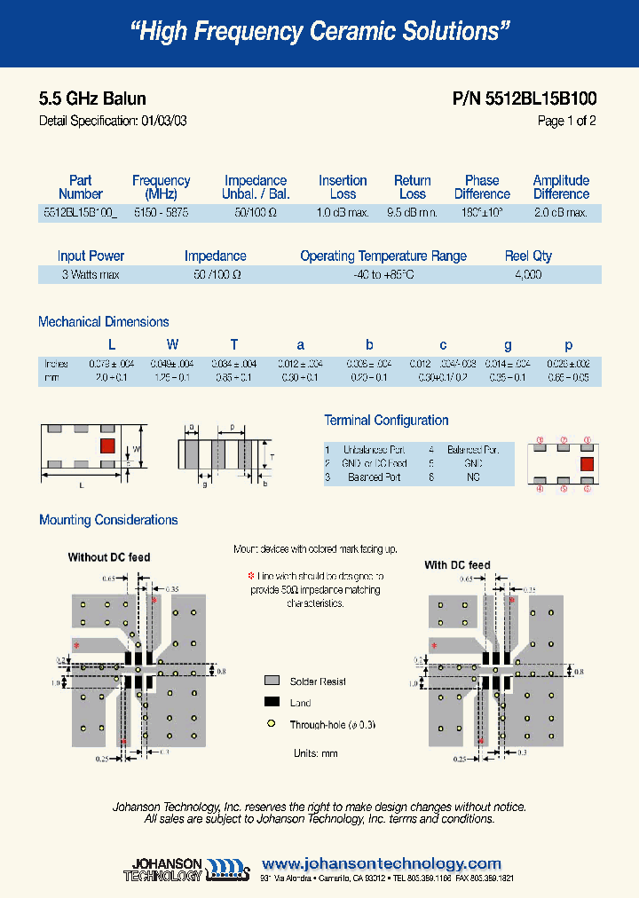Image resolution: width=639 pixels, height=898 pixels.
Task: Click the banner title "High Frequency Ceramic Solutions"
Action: click(x=319, y=32)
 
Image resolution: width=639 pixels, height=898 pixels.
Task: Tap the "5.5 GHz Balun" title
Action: click(x=92, y=98)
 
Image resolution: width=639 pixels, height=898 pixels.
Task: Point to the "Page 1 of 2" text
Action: click(x=566, y=122)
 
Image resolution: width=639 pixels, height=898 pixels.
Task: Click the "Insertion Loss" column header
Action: click(x=343, y=187)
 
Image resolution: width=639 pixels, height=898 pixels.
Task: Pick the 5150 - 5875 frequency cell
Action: click(x=161, y=213)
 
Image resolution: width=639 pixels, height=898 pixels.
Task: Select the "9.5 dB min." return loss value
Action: click(x=412, y=213)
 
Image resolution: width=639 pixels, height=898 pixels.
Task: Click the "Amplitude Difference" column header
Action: click(x=561, y=187)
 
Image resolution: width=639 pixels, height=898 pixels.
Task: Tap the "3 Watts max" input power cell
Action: click(x=91, y=275)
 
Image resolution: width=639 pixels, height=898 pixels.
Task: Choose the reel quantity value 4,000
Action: click(x=528, y=275)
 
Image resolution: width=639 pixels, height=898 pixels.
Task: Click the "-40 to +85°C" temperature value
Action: click(x=383, y=275)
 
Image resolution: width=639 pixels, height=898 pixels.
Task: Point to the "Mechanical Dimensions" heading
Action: click(x=104, y=322)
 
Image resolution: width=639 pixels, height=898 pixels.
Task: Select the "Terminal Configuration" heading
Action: click(x=386, y=421)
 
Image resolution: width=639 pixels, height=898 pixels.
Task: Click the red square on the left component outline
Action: click(x=106, y=445)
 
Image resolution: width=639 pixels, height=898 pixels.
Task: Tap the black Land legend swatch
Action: click(x=272, y=703)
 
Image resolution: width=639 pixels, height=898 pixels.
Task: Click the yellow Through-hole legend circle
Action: click(x=272, y=725)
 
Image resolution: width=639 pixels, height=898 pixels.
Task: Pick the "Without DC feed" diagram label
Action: click(x=109, y=557)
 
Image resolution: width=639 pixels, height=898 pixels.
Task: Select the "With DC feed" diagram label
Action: click(x=457, y=565)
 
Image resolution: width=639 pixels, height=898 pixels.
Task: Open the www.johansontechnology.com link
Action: click(x=382, y=863)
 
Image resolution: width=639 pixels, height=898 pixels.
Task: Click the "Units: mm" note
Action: click(x=315, y=753)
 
